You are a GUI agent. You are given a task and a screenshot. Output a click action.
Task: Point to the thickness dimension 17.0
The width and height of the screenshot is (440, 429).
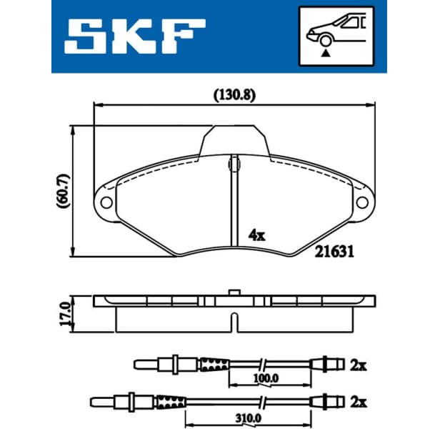pos(65,312)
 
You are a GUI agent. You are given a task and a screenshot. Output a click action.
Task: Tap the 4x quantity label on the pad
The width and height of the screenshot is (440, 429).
pos(256,234)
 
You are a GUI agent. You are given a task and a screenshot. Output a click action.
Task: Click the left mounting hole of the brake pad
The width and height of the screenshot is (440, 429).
pos(106,202)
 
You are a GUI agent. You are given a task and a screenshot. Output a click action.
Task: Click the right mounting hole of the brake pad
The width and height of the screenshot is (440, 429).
pos(361,202)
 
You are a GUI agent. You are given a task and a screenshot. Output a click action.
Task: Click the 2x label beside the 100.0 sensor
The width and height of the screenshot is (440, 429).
pos(357,365)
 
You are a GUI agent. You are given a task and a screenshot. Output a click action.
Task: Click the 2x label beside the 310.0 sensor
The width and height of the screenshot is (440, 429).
pos(357,401)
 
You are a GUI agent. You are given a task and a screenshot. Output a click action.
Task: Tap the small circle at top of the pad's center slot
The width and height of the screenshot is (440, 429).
pos(233,165)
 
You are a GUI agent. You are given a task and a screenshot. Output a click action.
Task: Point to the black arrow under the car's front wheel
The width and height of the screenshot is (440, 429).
pos(326,51)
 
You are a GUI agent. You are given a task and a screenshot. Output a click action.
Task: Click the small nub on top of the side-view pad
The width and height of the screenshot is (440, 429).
pos(233,292)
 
